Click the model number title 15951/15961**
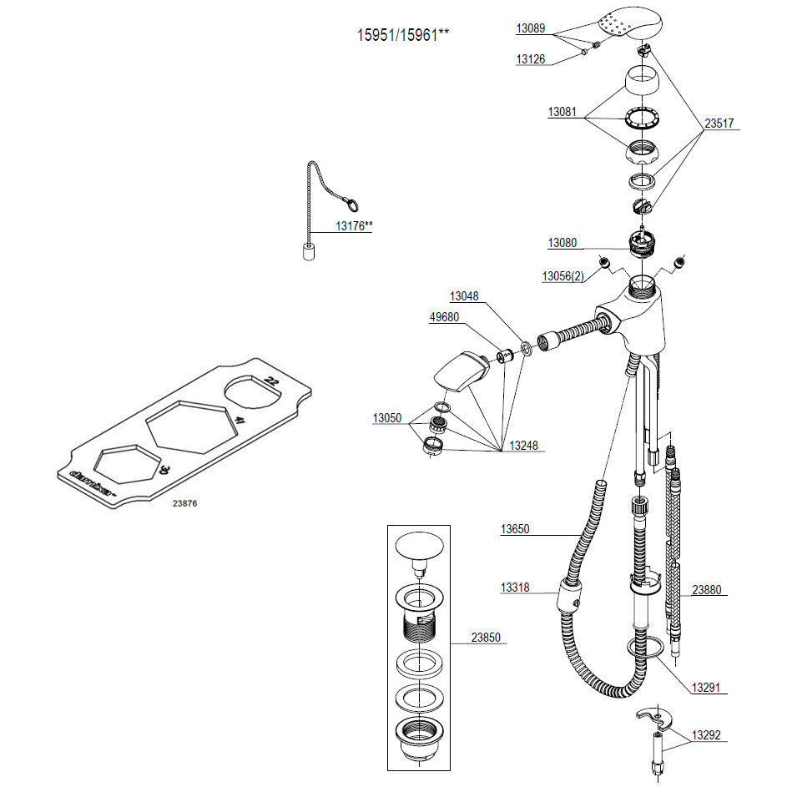pos(403,36)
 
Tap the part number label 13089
pos(530,28)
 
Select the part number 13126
pos(530,58)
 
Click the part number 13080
pos(562,243)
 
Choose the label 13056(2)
pos(563,275)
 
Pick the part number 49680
pos(443,317)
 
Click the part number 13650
pos(515,529)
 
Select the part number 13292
pos(705,736)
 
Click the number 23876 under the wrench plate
pos(185,504)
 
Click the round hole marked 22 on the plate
pos(251,391)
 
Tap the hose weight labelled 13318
pos(568,598)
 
